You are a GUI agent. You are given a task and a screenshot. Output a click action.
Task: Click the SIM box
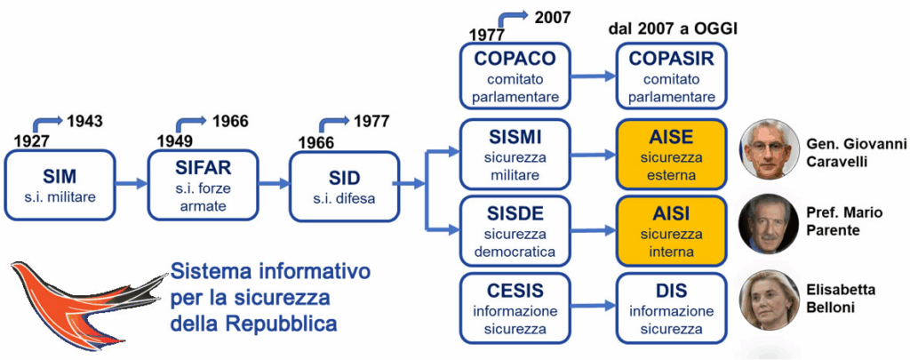60,184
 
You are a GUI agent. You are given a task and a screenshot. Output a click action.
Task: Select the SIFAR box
202,184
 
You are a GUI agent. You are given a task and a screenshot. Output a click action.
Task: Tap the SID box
343,184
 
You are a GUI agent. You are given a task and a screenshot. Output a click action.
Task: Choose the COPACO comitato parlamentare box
515,76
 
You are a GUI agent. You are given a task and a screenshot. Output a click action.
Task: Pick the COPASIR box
671,76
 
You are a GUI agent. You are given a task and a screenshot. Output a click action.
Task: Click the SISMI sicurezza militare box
515,154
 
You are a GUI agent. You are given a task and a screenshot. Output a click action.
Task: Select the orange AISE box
671,154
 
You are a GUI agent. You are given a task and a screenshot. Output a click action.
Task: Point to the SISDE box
515,230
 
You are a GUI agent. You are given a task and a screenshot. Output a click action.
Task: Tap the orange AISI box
671,230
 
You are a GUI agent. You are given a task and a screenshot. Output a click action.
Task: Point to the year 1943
84,121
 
